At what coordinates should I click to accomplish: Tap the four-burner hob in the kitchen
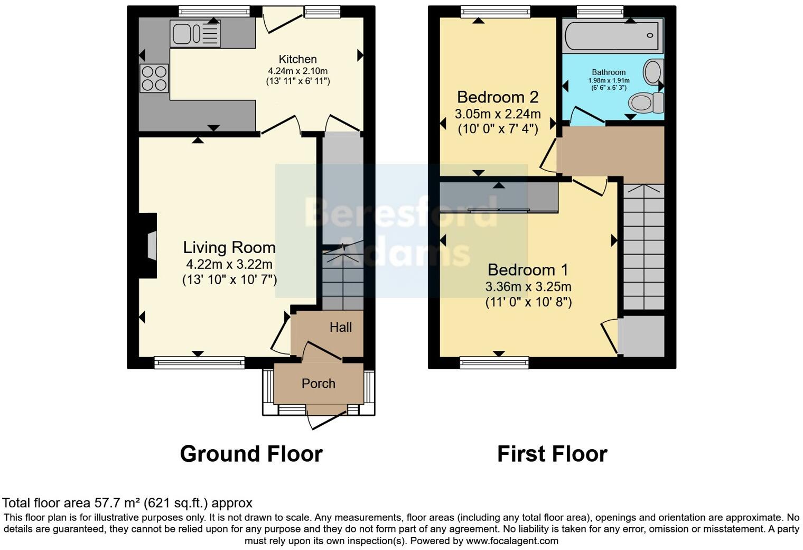[x=154, y=78]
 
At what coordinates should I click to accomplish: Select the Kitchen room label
[x=297, y=59]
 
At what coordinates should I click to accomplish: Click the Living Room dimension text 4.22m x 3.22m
[x=229, y=264]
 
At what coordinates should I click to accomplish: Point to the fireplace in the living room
[x=149, y=246]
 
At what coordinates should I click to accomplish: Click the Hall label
[x=341, y=328]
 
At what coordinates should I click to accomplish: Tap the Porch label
[x=318, y=384]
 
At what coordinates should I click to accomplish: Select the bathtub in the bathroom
[x=612, y=35]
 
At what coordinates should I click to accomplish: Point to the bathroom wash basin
[x=654, y=71]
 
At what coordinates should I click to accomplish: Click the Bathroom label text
[x=609, y=72]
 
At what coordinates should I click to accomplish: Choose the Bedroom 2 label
[x=497, y=97]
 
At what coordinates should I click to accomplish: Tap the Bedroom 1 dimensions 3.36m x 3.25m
[x=528, y=287]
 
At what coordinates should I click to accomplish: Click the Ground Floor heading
[x=251, y=454]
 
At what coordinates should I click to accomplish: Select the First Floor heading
[x=552, y=454]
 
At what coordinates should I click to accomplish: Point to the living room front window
[x=199, y=362]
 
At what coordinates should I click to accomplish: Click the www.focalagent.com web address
[x=512, y=541]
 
